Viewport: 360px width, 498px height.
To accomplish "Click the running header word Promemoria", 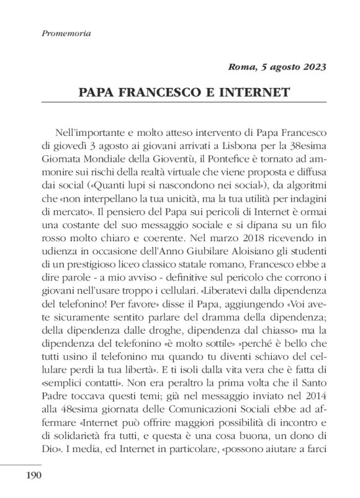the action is (65, 33).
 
